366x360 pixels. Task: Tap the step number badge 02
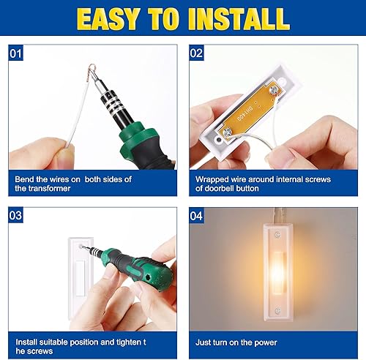[x=196, y=53]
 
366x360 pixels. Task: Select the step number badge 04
[x=196, y=217]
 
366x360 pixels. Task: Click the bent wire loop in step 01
[x=92, y=70]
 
